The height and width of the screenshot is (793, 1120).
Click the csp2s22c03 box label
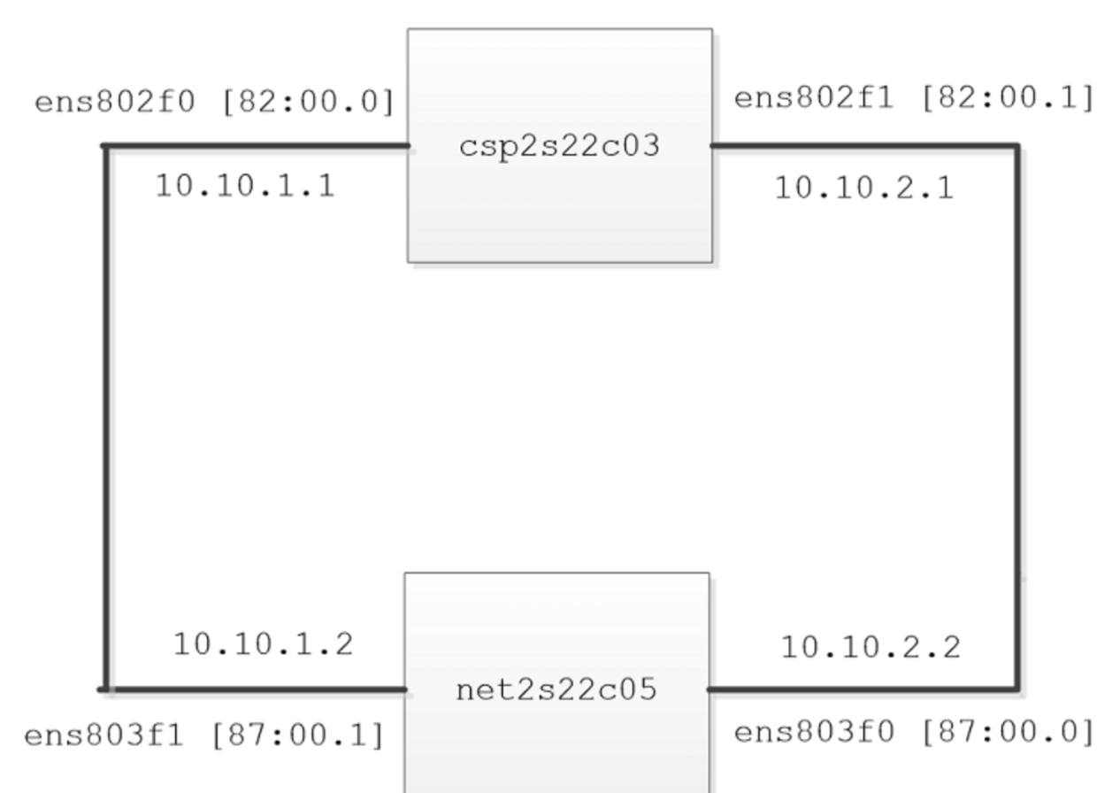pyautogui.click(x=559, y=147)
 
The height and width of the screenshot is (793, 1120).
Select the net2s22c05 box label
pyautogui.click(x=556, y=689)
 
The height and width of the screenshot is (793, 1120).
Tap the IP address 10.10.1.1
pyautogui.click(x=245, y=186)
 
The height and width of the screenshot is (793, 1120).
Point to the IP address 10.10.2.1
pyautogui.click(x=864, y=189)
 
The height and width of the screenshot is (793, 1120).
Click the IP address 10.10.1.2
pyautogui.click(x=263, y=644)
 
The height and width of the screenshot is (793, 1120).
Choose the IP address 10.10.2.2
pyautogui.click(x=871, y=647)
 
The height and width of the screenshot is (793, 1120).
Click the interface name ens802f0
pyautogui.click(x=114, y=102)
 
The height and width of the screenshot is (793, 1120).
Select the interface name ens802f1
pyautogui.click(x=814, y=98)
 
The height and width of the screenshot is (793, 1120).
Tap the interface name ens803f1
pyautogui.click(x=104, y=736)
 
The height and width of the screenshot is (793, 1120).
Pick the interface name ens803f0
pyautogui.click(x=814, y=733)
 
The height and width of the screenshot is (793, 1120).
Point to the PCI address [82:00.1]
pyautogui.click(x=1008, y=98)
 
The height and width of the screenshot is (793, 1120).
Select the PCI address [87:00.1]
pyautogui.click(x=298, y=736)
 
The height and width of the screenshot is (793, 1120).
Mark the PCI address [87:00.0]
pyautogui.click(x=1008, y=733)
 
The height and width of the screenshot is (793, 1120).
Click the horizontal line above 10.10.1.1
pyautogui.click(x=256, y=146)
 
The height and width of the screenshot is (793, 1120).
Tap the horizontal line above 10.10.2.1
pyautogui.click(x=865, y=146)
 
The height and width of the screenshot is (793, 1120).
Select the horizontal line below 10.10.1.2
pyautogui.click(x=252, y=690)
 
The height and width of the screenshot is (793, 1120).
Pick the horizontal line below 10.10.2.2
pyautogui.click(x=863, y=690)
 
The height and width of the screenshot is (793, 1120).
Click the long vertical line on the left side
pyautogui.click(x=106, y=418)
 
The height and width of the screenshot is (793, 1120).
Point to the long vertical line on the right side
pyautogui.click(x=1017, y=418)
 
